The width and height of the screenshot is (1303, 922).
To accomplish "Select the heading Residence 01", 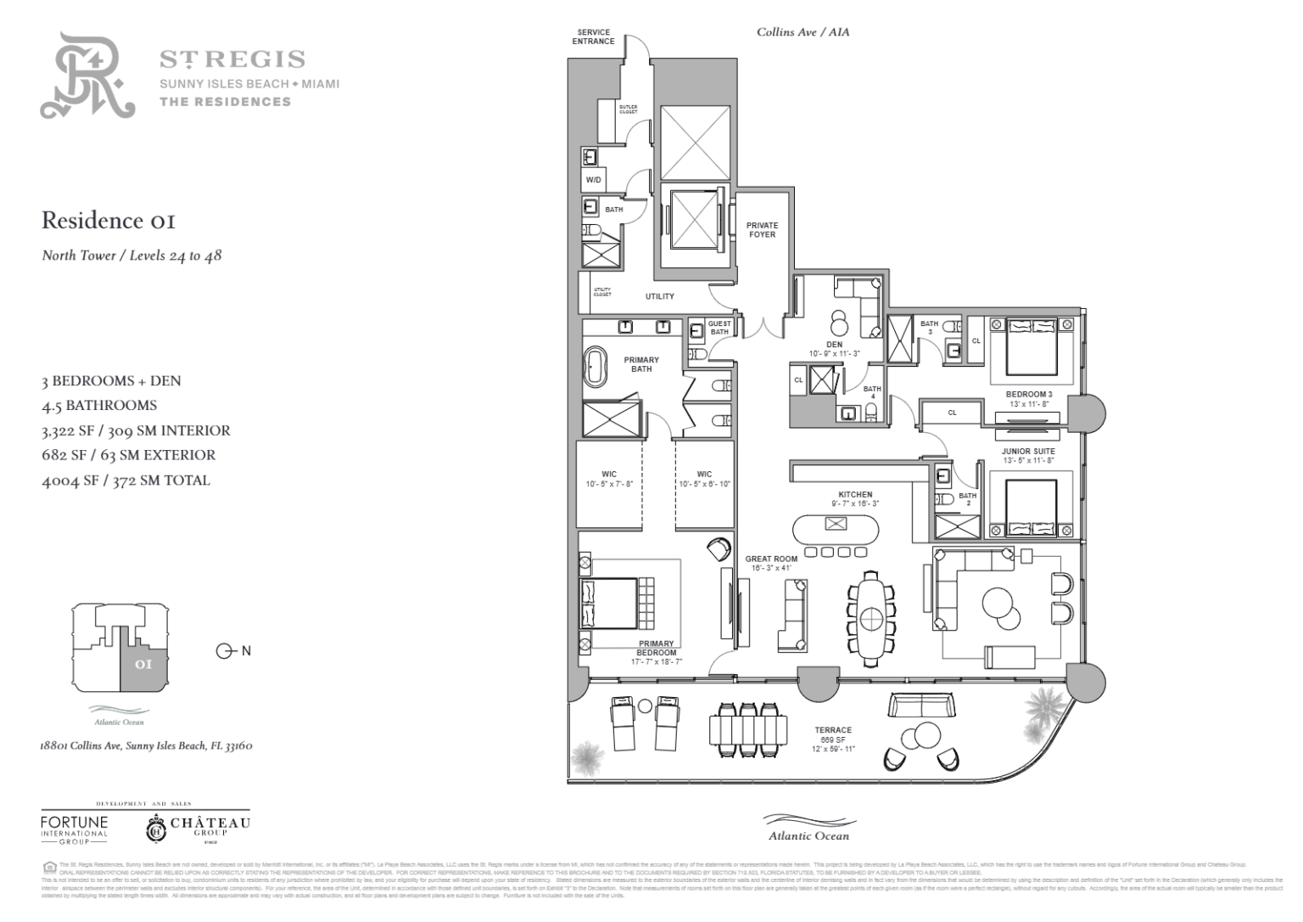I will point(109,221).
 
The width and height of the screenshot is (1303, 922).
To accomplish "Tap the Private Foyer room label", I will point(761,230).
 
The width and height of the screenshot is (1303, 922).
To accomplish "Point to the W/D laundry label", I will point(593,180).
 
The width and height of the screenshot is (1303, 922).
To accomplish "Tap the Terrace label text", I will point(833,730).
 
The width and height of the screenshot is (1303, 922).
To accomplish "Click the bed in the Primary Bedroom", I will point(609,604).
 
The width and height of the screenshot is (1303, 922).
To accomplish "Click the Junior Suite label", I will point(1028,452).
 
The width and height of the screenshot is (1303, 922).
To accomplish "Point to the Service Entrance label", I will point(593,37).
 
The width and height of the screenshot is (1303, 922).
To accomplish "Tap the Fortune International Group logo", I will point(75,828).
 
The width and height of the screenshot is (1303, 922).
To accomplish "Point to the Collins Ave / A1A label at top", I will point(802,32).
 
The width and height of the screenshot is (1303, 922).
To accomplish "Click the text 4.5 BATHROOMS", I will point(99,405).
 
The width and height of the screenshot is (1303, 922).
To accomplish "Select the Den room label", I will point(834,344).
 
